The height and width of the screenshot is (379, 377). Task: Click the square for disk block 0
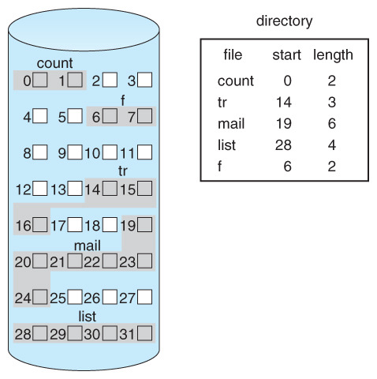(40, 80)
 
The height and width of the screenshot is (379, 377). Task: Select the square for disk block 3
(144, 80)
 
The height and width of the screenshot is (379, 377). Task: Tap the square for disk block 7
(144, 116)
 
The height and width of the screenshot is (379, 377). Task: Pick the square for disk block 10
(110, 152)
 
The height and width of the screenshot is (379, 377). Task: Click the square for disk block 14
(110, 189)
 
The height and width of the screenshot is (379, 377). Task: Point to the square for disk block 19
(144, 224)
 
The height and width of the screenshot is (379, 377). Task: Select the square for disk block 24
(40, 297)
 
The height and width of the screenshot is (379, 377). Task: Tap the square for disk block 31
(144, 333)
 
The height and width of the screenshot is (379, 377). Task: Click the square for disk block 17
(75, 224)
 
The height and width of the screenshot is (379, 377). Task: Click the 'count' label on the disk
(54, 63)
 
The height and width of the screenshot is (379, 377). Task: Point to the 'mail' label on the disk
(88, 246)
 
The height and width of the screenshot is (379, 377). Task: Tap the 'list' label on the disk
(87, 317)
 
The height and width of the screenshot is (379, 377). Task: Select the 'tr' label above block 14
(123, 171)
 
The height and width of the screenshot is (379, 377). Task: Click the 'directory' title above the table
(284, 21)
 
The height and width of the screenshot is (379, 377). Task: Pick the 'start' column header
(286, 55)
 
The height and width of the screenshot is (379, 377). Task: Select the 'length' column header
(333, 55)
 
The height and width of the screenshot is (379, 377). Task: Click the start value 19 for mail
(284, 123)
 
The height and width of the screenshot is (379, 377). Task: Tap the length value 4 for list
(332, 145)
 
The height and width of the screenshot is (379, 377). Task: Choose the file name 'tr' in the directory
(222, 102)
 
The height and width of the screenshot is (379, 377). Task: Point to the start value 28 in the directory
(283, 145)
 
